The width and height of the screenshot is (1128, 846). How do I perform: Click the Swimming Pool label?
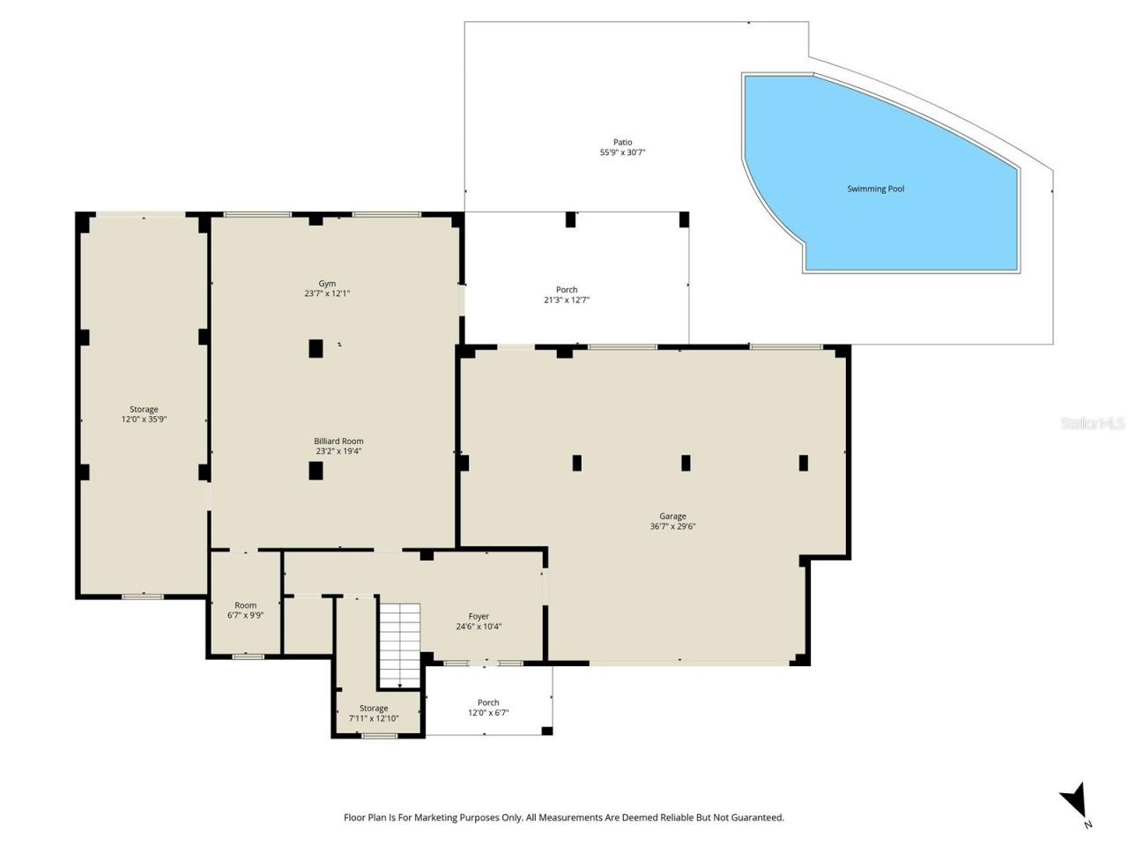[x=875, y=189]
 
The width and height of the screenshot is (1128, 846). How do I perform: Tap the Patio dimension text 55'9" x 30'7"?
[x=623, y=152]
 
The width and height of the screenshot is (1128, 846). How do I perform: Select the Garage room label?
[x=672, y=516]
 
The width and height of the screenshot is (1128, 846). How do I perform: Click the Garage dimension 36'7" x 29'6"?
[x=672, y=527]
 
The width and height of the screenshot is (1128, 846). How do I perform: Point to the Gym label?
[x=327, y=284]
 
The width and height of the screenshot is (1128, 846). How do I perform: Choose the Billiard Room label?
[x=338, y=442]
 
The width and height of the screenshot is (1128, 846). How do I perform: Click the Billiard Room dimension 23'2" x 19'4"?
[x=338, y=451]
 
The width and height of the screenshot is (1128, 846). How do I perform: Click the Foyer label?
[x=479, y=617]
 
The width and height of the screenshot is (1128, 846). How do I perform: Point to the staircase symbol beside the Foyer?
[x=400, y=643]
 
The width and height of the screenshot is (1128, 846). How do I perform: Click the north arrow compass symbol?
[x=1075, y=803]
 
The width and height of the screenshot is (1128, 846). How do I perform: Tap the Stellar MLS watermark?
[x=1092, y=424]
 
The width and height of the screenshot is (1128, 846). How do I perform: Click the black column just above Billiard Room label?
[x=315, y=348]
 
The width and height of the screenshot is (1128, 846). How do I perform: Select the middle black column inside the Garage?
[x=686, y=463]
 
